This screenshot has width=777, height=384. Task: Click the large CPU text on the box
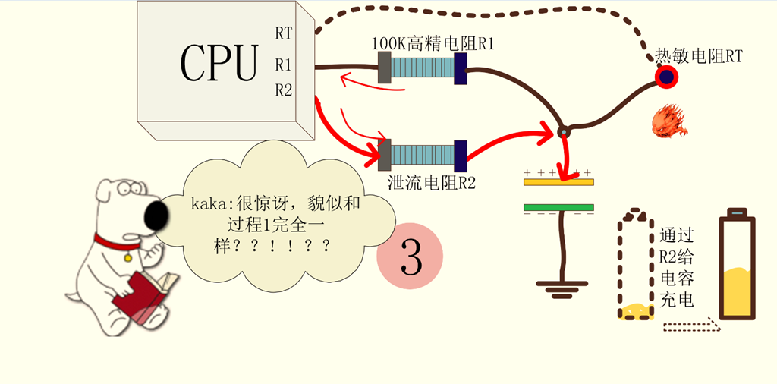pos(219,62)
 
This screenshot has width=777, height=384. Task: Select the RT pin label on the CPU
pos(284,34)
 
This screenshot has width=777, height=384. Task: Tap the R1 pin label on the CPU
pos(284,64)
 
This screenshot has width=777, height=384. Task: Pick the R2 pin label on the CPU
pos(284,90)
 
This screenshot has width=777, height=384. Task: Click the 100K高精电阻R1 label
pos(433,44)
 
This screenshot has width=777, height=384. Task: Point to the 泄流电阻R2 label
pos(430,182)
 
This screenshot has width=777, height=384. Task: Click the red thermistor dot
pos(667,76)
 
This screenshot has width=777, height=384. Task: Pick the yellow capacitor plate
pos(558,182)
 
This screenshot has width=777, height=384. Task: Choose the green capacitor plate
pos(558,206)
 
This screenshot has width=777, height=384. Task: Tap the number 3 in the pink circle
pos(410,257)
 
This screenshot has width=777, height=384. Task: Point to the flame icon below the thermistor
pos(668,121)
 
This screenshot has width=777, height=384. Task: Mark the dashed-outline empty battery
pos(635,266)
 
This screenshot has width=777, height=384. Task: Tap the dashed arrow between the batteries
pos(689,328)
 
